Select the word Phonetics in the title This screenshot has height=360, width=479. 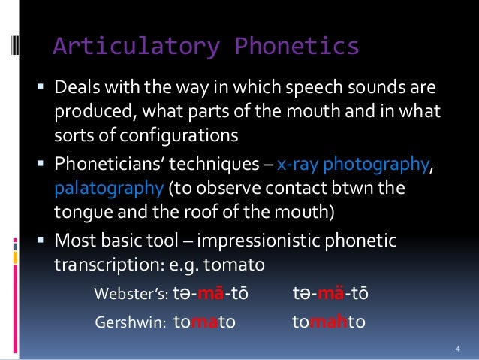pos(290,47)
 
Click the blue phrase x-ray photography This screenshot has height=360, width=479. pos(355,165)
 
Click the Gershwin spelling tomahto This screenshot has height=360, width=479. pos(328,322)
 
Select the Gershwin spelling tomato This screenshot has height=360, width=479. pos(204,322)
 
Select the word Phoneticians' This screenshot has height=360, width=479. pos(111,165)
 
